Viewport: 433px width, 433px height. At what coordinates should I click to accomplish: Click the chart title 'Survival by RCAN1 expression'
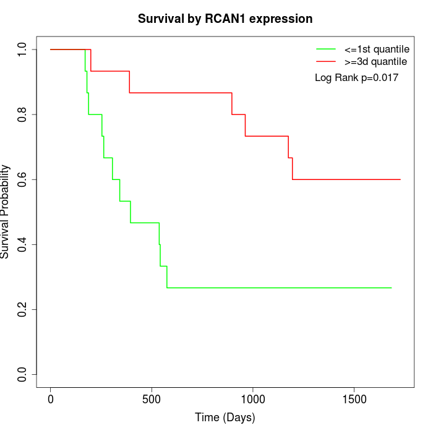tap(225, 19)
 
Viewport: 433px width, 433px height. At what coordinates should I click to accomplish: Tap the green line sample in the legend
tap(326, 49)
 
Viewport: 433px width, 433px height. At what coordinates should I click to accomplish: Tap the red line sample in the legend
tap(326, 61)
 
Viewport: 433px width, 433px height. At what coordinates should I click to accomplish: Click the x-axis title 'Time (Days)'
tap(225, 418)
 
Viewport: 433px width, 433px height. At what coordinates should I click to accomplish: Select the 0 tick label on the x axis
tap(51, 398)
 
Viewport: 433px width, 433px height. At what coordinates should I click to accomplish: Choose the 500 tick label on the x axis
tap(152, 398)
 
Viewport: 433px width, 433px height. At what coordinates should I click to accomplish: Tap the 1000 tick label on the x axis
tap(253, 398)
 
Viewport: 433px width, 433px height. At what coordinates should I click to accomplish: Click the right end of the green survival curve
tap(391, 288)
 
